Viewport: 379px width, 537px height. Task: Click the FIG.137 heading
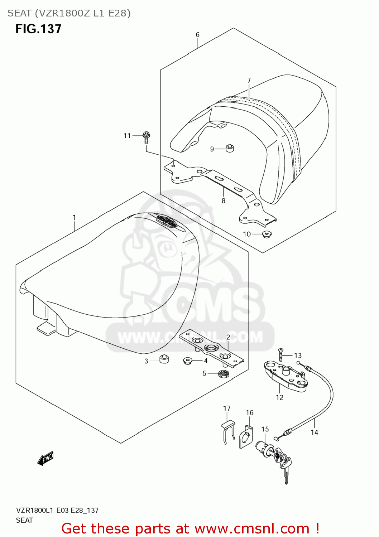pos(38,29)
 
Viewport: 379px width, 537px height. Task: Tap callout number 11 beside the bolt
pos(127,136)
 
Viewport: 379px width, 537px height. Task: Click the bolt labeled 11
pos(146,137)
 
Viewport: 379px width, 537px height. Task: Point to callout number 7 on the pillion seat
pos(249,81)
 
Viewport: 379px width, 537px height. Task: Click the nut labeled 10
pos(266,235)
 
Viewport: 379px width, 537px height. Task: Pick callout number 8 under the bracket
pos(224,201)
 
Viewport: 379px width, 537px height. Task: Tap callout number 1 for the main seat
pos(74,218)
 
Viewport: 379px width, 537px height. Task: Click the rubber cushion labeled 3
pos(164,359)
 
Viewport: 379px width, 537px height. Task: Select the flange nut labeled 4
pos(187,361)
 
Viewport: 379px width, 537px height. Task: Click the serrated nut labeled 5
pos(224,374)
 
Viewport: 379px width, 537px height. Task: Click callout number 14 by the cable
pos(314,432)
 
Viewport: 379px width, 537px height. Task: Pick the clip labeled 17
pos(227,431)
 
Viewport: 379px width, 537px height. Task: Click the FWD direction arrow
pos(45,458)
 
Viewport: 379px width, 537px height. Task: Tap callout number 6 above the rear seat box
pos(197,35)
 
